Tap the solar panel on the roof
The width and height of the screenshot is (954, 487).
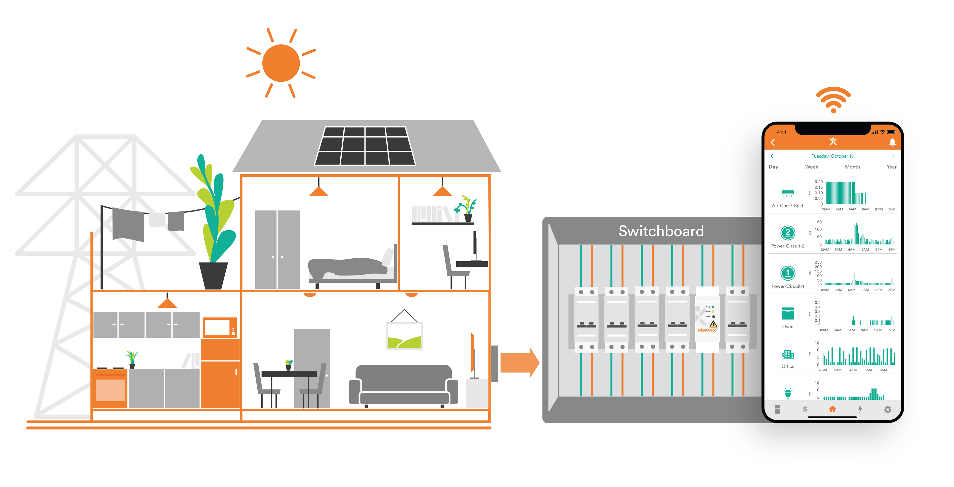[x=365, y=146]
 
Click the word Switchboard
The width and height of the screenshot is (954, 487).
[x=661, y=231]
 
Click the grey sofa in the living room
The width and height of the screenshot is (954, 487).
[x=403, y=385]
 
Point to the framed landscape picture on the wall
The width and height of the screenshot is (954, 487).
[x=404, y=335]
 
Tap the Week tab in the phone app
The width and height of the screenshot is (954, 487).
[x=811, y=167]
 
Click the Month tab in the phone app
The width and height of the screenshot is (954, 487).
[x=852, y=167]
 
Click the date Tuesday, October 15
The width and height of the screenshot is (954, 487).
[x=833, y=156]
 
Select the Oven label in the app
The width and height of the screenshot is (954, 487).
[x=788, y=326]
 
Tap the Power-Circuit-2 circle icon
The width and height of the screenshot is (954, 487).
[x=788, y=233]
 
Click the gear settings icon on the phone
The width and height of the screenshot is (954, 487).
[x=888, y=409]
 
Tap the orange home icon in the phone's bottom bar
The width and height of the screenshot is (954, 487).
[x=833, y=409]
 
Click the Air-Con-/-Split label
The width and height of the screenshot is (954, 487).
[x=788, y=206]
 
